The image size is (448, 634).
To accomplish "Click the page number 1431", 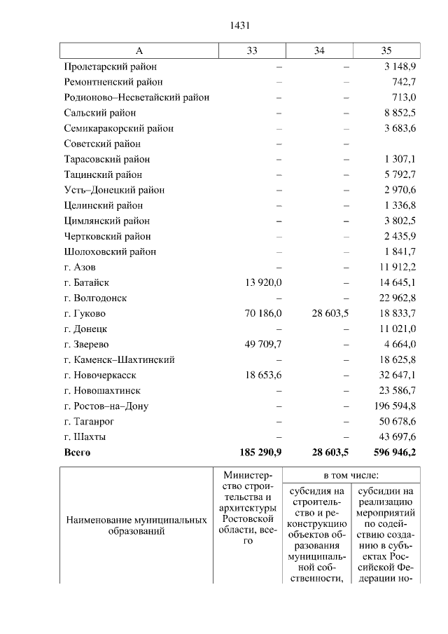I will tap(240, 26).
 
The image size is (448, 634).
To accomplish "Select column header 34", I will tap(319, 50).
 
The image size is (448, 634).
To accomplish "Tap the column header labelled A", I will tap(139, 50).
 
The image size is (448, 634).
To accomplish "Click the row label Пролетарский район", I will tap(110, 67).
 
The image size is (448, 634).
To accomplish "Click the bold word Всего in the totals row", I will tap(77, 452).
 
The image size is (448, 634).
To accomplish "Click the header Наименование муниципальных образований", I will tap(136, 526).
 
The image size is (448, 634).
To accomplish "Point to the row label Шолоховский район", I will tap(110, 251).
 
